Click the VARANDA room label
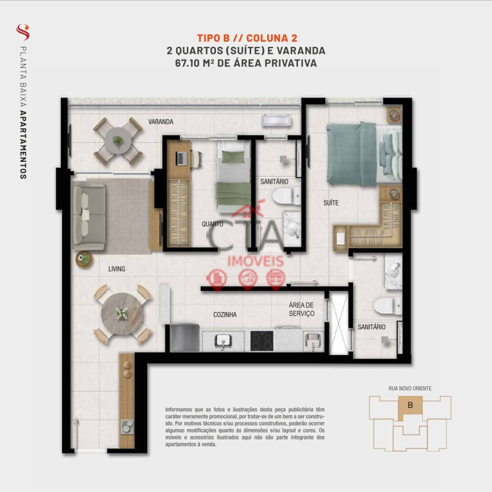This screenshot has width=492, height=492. click(x=161, y=122)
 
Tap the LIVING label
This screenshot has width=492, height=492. click(x=117, y=269)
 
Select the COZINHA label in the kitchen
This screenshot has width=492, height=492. click(x=225, y=315)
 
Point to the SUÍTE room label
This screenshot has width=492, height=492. click(x=331, y=203)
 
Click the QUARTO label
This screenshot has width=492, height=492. click(x=213, y=224)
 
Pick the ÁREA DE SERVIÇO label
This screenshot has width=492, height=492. click(x=302, y=309)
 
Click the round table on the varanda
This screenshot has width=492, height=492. click(x=118, y=141)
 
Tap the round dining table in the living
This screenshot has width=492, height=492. click(x=122, y=314)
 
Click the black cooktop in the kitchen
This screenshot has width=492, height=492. click(x=261, y=341)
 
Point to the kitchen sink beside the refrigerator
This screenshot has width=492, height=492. click(x=223, y=341)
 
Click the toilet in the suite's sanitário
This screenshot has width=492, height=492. click(x=387, y=306)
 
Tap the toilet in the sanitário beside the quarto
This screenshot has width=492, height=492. click(x=286, y=197)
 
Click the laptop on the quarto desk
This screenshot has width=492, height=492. click(x=181, y=158)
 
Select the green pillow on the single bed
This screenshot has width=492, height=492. click(x=233, y=157)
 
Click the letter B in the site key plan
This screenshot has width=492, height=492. click(x=410, y=405)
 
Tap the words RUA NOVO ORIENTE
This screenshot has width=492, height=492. click(x=410, y=388)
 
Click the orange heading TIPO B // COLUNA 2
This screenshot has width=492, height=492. click(x=247, y=38)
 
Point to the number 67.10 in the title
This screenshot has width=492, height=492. click(x=187, y=63)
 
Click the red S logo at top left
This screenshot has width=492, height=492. click(x=23, y=32)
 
